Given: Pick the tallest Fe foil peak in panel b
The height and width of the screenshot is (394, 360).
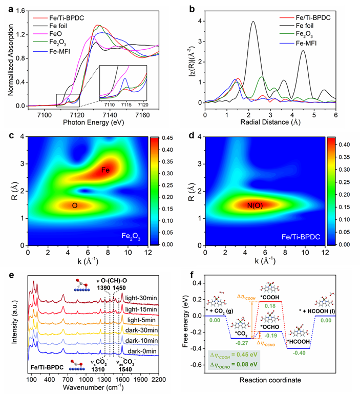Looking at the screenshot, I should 253,22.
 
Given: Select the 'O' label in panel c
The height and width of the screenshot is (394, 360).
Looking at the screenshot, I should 75,205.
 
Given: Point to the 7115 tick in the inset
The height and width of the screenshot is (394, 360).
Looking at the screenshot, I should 127,105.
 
